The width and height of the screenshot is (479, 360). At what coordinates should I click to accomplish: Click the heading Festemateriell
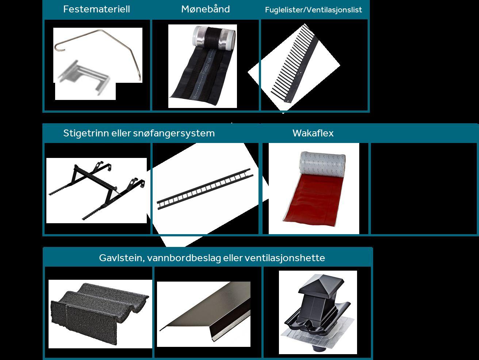[96, 9]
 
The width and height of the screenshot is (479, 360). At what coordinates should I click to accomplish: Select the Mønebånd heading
[206, 9]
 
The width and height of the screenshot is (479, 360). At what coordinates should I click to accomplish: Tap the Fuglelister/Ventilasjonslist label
[313, 10]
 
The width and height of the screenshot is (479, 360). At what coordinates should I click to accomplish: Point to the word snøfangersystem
[174, 133]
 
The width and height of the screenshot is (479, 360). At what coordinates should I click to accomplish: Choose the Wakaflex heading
[313, 133]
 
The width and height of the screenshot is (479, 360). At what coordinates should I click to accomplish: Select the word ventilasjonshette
[285, 258]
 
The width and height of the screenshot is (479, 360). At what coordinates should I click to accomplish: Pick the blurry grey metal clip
[84, 77]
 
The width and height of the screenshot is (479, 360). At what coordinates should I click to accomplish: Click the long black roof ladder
[205, 189]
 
